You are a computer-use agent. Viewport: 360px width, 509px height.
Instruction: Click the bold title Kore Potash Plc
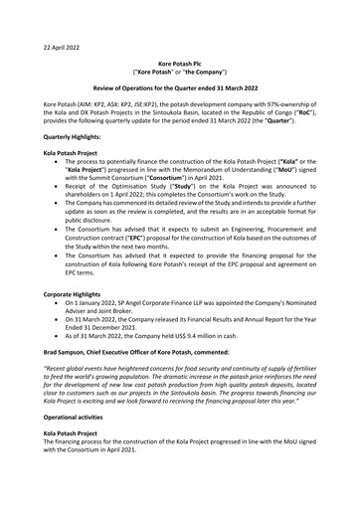pos(179,63)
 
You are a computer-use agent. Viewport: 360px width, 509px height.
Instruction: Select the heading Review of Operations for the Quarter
pos(179,89)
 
